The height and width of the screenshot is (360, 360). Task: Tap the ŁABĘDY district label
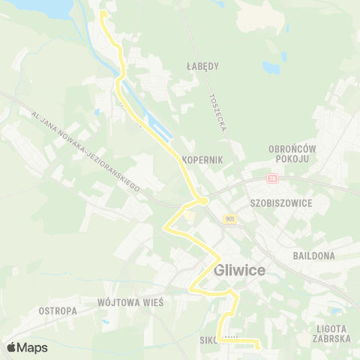point(202,66)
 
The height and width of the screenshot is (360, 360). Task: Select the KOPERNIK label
point(203,160)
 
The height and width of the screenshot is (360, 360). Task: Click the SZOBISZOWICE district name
point(281,203)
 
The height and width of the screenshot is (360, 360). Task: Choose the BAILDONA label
point(313,256)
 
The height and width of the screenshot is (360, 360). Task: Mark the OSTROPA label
point(58,310)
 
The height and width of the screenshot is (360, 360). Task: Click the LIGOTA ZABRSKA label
point(331,334)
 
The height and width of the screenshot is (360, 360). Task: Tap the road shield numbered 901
point(229,218)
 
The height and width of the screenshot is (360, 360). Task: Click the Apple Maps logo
point(27,347)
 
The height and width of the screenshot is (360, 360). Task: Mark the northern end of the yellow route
point(103,13)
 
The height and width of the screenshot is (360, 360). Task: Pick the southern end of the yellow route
point(256,346)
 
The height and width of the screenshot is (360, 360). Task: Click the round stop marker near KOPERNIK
point(203,200)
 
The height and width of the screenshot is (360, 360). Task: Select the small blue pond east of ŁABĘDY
point(283,56)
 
